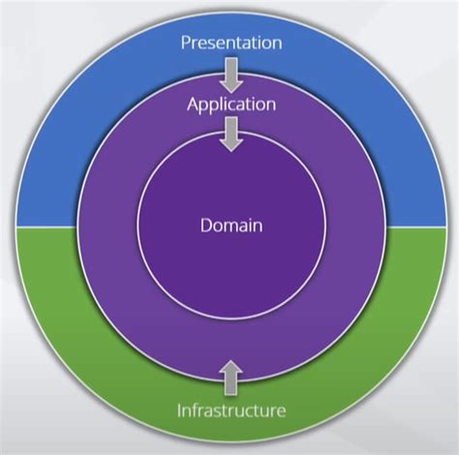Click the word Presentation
click(230, 43)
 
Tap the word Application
click(230, 104)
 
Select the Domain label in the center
click(230, 226)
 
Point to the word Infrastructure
click(230, 410)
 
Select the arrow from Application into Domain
click(230, 134)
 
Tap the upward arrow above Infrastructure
click(230, 377)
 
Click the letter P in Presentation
click(185, 43)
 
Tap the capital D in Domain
click(205, 226)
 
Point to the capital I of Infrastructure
click(178, 410)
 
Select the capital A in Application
click(192, 104)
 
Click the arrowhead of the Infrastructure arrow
click(230, 367)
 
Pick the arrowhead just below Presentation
click(230, 82)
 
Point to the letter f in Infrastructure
click(199, 410)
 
